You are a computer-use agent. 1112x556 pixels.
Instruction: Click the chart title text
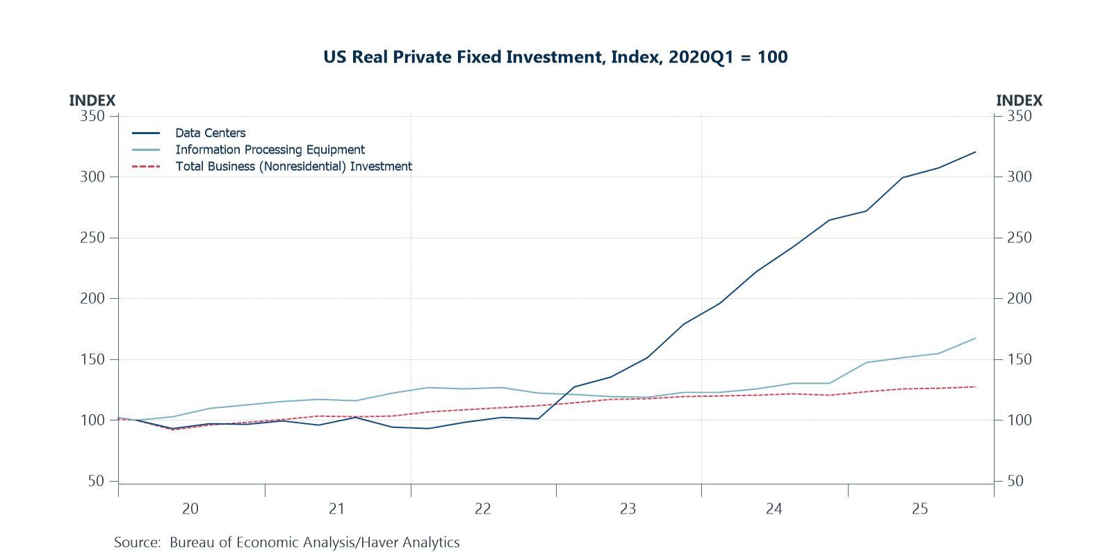click(555, 57)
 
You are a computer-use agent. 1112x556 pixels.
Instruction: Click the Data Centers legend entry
click(210, 133)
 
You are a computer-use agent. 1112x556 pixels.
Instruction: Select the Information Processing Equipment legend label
click(270, 149)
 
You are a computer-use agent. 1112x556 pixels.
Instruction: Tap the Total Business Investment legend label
click(293, 166)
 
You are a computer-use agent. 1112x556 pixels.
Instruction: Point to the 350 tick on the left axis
click(92, 116)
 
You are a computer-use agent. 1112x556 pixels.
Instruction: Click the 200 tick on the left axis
click(92, 299)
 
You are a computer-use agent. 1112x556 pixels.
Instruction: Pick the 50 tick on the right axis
click(1015, 481)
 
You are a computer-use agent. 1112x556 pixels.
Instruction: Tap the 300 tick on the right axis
click(1019, 177)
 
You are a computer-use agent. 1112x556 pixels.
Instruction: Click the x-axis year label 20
click(190, 509)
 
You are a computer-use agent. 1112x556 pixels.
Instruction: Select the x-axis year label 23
click(628, 509)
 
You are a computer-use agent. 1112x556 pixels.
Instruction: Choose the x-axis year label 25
click(919, 509)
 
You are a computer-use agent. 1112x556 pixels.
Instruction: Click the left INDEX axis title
click(92, 101)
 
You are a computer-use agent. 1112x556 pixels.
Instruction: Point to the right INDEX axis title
click(1019, 101)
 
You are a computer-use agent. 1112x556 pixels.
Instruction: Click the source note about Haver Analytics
click(287, 542)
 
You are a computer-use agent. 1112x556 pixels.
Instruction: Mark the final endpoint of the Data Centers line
click(976, 152)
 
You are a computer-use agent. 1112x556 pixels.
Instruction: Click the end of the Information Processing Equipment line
click(976, 338)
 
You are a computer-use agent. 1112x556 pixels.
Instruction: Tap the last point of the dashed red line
click(976, 386)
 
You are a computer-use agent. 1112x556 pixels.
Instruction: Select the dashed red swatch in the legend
click(146, 166)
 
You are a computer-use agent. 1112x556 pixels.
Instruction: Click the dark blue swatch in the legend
click(146, 133)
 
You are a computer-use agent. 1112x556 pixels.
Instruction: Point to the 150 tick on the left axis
click(92, 359)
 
